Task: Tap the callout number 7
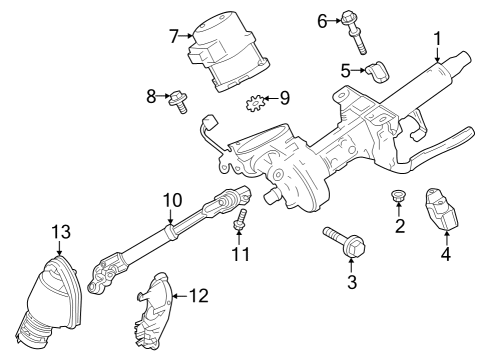point(174,36)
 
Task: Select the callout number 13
point(61,232)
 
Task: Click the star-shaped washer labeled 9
point(255,102)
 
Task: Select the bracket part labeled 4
point(443,210)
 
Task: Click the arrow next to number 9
point(270,98)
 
